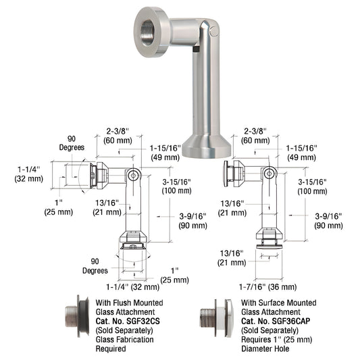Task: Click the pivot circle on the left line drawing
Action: pyautogui.click(x=135, y=175)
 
